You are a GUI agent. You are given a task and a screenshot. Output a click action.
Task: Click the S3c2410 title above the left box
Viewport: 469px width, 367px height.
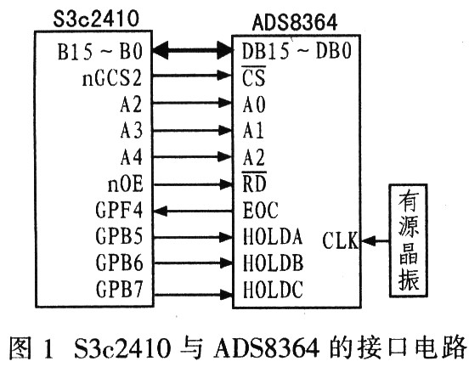[96, 19]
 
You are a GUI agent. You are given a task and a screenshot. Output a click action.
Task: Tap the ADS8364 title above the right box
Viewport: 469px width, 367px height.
[295, 22]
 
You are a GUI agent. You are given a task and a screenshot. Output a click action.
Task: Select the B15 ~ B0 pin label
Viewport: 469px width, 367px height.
[100, 52]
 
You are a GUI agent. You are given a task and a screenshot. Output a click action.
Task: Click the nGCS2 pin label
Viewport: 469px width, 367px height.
[112, 78]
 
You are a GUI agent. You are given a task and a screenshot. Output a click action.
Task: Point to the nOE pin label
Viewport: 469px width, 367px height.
[126, 184]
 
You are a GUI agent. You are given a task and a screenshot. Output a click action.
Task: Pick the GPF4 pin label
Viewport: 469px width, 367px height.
[119, 210]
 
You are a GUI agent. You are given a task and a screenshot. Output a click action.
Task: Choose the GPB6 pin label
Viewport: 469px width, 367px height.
[119, 263]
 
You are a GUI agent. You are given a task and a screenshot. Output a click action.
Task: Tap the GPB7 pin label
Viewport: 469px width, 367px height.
[119, 289]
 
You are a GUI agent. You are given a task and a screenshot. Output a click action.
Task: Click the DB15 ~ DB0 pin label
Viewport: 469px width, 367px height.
[297, 51]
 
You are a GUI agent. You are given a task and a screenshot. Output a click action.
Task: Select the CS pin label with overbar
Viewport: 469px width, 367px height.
[254, 76]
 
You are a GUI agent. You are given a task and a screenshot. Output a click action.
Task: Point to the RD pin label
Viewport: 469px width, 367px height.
[254, 182]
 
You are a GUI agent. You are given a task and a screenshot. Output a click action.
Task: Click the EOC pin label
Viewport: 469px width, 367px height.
[260, 210]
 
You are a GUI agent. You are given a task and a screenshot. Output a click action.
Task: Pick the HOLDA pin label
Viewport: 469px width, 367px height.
[273, 236]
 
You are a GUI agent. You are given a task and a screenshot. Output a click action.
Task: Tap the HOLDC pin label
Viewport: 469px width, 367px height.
[273, 290]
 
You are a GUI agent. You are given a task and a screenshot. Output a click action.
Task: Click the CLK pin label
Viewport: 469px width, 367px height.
[341, 240]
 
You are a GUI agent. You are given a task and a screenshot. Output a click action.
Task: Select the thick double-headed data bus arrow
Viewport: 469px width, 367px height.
[193, 50]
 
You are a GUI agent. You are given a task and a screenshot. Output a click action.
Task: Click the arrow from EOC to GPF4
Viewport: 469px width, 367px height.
[193, 212]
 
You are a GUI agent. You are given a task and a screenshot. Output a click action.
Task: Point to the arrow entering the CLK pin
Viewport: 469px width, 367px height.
[375, 240]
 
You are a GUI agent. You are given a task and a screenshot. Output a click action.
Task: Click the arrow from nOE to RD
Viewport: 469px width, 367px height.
[193, 184]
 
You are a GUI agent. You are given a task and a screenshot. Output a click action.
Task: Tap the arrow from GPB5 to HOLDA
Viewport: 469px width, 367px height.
[193, 238]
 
